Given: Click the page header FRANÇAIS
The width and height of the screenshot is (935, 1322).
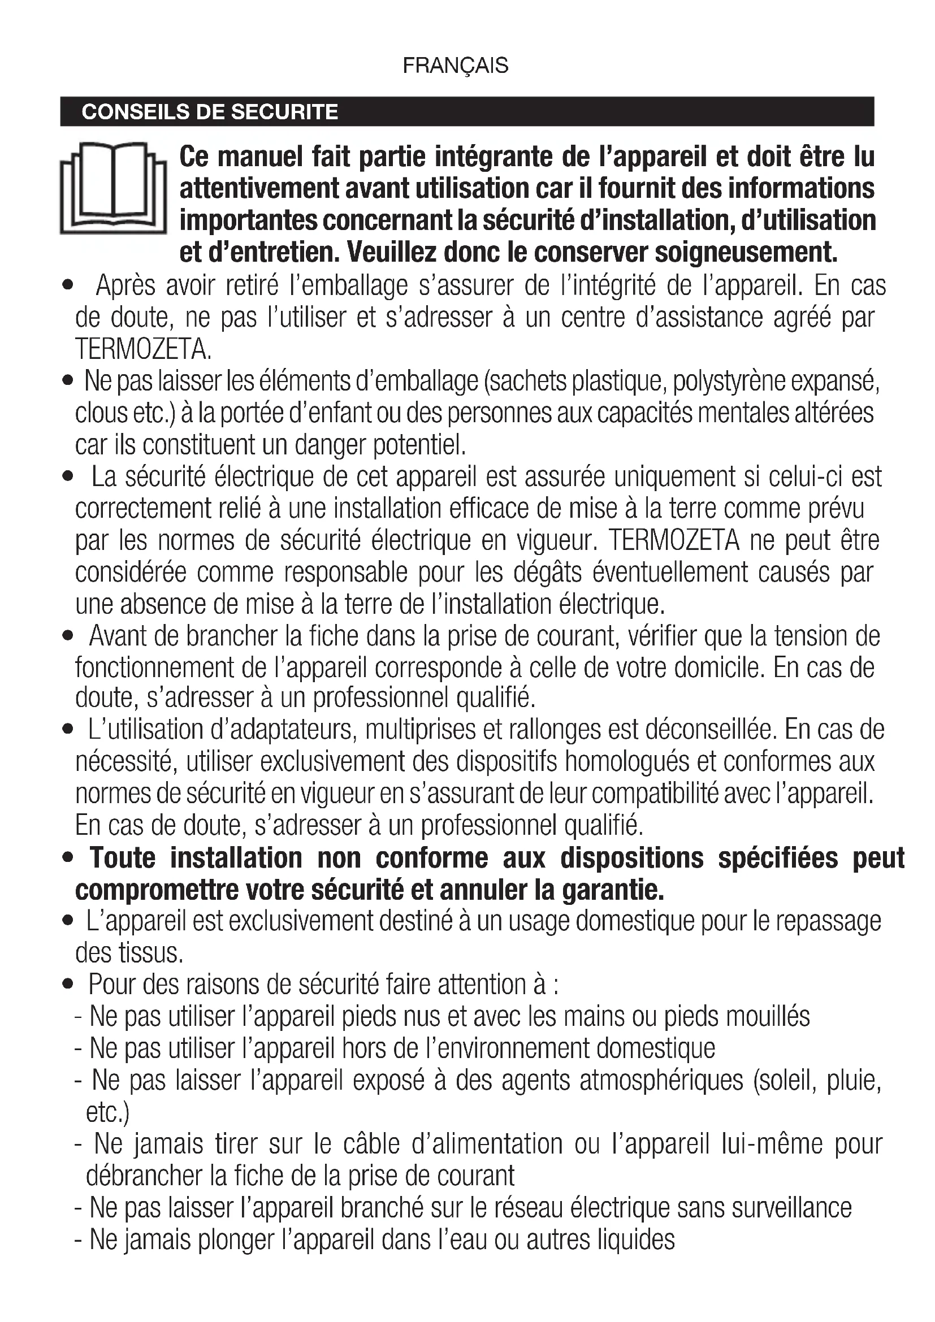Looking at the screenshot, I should [456, 66].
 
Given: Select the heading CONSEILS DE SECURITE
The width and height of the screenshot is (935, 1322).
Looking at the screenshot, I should [210, 111].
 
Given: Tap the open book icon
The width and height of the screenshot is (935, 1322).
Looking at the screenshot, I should [113, 188].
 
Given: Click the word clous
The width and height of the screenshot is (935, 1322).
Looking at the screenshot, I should [101, 413].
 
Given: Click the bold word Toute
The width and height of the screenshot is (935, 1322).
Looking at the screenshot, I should [123, 858].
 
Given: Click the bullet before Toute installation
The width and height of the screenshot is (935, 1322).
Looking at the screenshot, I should [68, 859].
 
